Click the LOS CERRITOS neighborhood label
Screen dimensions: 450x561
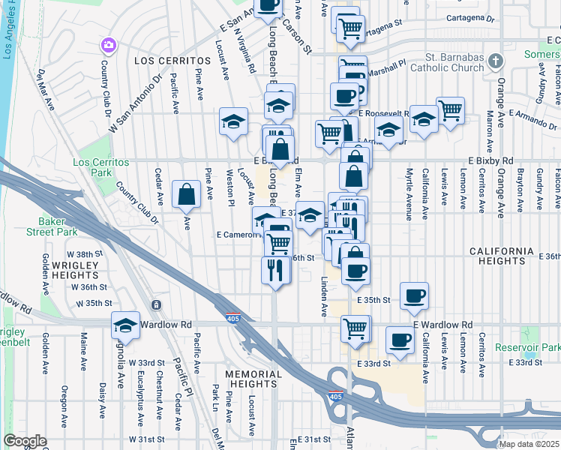(172, 59)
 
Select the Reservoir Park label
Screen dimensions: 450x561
(527, 348)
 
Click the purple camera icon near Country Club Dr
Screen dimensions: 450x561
(109, 46)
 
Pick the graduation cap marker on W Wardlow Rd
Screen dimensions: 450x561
(125, 325)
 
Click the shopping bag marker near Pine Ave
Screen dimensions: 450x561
(185, 194)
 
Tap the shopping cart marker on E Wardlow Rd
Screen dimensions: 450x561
(355, 328)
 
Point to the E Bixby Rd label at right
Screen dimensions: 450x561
(491, 161)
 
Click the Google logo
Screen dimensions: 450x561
(25, 441)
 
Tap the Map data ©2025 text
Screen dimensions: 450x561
(529, 444)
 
